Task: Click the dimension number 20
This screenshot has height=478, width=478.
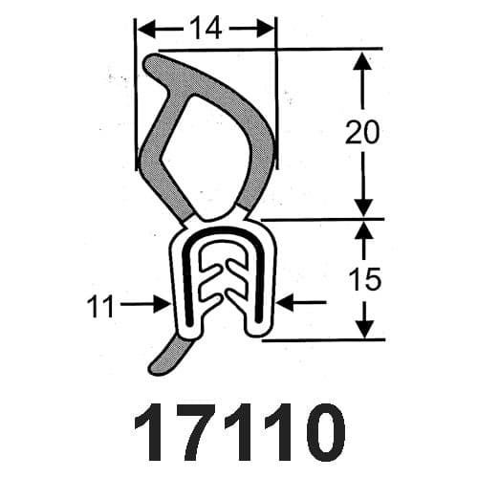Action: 362,132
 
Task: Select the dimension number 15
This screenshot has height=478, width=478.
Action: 365,279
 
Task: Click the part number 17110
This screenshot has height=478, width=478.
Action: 240,432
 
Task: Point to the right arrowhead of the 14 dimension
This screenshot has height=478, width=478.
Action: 265,29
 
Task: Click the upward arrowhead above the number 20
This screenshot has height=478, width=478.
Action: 362,61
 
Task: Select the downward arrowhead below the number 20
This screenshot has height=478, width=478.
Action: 363,207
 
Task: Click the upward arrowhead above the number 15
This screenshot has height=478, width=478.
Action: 363,230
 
